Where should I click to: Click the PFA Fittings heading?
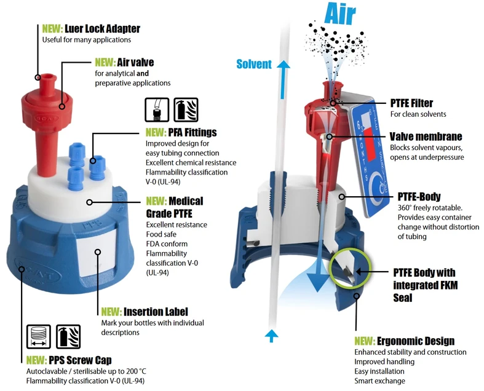[181, 132]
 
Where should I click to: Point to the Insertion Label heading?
[144, 312]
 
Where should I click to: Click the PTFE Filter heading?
[411, 103]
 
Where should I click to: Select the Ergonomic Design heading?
[404, 341]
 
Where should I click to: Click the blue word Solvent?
[254, 64]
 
